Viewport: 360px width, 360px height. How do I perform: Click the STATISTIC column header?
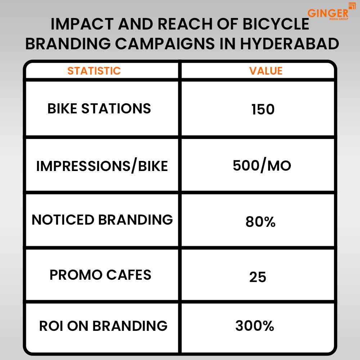[x=94, y=71]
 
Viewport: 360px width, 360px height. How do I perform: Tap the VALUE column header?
[x=266, y=71]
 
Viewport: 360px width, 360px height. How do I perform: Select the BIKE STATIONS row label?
[x=99, y=109]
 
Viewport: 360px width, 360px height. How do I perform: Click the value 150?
[x=263, y=109]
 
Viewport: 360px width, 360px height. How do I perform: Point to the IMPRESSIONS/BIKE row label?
[x=102, y=166]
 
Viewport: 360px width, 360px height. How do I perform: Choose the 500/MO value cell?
[x=262, y=166]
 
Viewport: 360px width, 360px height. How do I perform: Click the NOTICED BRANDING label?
[x=102, y=220]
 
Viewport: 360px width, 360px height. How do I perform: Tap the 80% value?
[x=260, y=222]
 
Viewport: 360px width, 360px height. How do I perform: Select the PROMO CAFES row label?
[x=100, y=275]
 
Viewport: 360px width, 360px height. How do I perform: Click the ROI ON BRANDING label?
[x=103, y=326]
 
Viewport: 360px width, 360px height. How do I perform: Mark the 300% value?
[x=255, y=326]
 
